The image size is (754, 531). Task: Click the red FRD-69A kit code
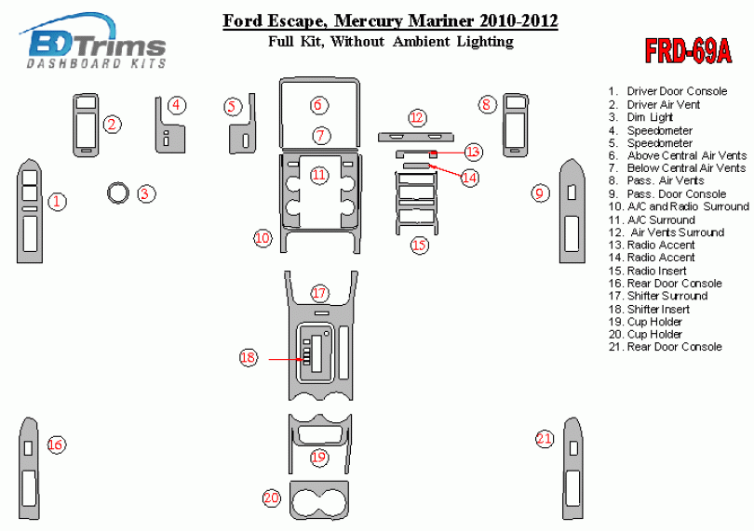tap(688, 50)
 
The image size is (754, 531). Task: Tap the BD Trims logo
tap(93, 41)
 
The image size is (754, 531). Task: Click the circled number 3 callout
tap(146, 193)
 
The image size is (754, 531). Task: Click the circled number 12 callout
tap(417, 118)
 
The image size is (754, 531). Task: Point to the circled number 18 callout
tap(249, 357)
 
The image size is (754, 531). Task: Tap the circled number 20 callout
tap(271, 498)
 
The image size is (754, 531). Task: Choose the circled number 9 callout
tap(540, 193)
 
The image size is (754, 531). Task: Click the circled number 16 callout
tap(56, 445)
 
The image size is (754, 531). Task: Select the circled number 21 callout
tap(545, 439)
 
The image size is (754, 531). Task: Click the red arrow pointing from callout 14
tap(444, 171)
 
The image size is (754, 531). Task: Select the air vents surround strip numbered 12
tap(415, 137)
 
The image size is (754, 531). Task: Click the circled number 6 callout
tap(317, 105)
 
